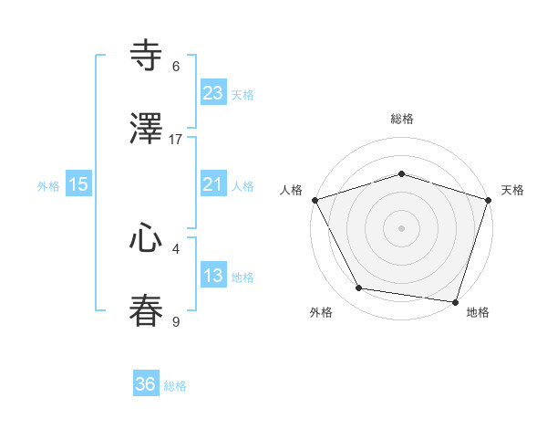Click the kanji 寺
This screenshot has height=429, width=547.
pyautogui.click(x=147, y=56)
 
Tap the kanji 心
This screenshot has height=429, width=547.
pyautogui.click(x=147, y=239)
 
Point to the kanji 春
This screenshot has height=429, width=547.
pyautogui.click(x=147, y=311)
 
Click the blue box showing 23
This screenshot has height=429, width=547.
pyautogui.click(x=212, y=92)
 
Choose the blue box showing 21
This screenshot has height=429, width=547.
pyautogui.click(x=212, y=184)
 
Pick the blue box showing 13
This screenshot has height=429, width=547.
pyautogui.click(x=212, y=276)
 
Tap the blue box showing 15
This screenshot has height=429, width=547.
pyautogui.click(x=78, y=184)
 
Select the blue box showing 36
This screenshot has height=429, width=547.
pyautogui.click(x=146, y=384)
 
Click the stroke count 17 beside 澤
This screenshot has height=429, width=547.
pyautogui.click(x=176, y=140)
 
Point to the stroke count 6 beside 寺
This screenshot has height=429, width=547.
pyautogui.click(x=176, y=67)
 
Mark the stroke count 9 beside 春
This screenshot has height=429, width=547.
pyautogui.click(x=176, y=322)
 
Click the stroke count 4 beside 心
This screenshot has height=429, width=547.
pyautogui.click(x=176, y=248)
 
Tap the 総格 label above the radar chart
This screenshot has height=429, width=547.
pyautogui.click(x=401, y=119)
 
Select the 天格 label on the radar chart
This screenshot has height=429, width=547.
pyautogui.click(x=512, y=190)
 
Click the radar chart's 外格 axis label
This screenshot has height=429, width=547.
pyautogui.click(x=321, y=313)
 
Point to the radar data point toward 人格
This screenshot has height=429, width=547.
pyautogui.click(x=315, y=200)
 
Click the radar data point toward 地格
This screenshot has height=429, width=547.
pyautogui.click(x=455, y=301)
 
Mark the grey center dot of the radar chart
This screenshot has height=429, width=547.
pyautogui.click(x=401, y=227)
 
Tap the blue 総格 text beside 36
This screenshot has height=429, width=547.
pyautogui.click(x=175, y=386)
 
